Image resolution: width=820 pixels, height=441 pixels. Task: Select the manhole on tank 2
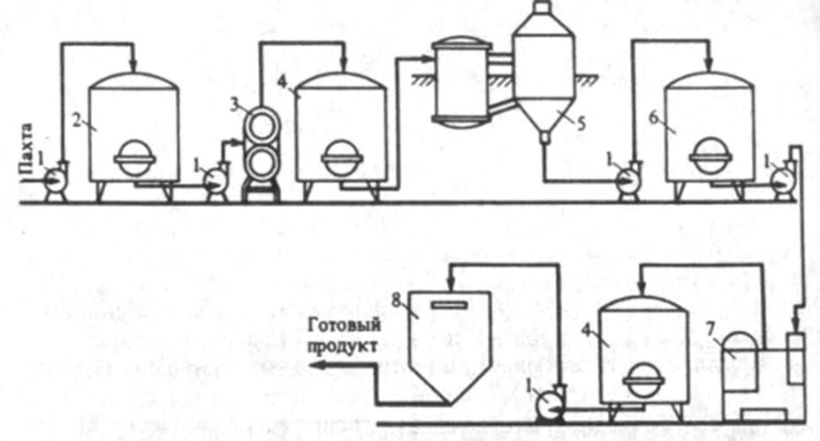136,160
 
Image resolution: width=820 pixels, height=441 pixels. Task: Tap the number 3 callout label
234,103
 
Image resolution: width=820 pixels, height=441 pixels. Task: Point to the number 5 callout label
582,125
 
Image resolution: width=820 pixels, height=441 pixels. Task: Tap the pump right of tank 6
781,179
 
